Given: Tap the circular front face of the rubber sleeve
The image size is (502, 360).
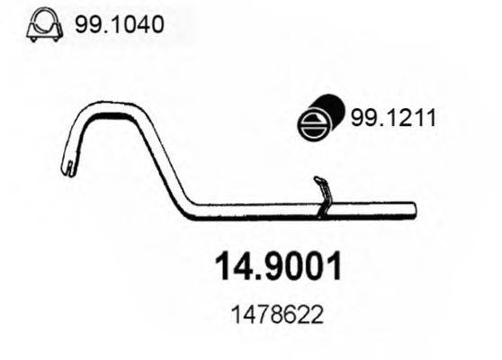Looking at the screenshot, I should tap(312, 123).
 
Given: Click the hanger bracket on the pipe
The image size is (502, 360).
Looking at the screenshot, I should tap(322, 197).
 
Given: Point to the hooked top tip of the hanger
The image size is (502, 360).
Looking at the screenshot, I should tap(316, 178).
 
